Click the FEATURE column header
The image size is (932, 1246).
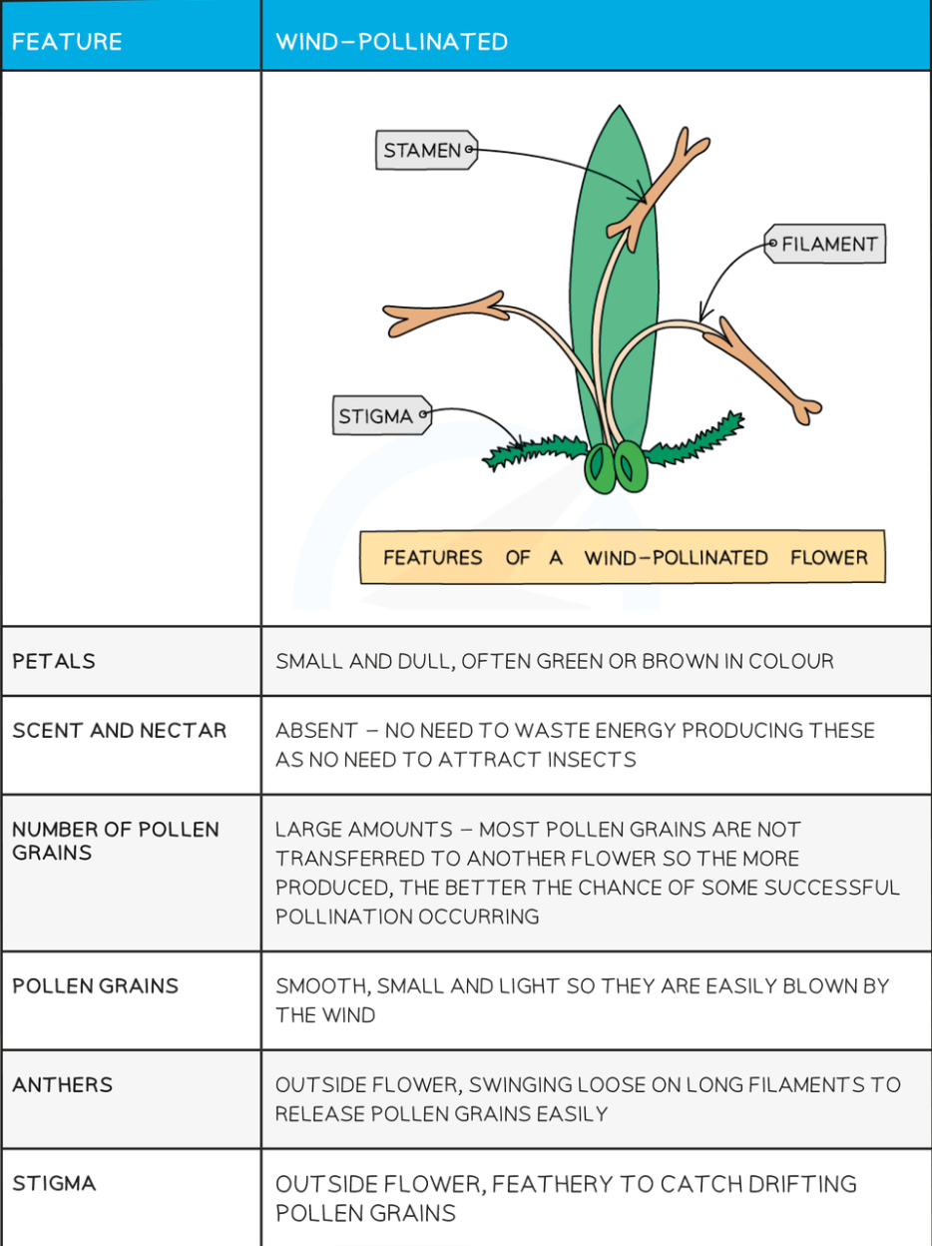(67, 42)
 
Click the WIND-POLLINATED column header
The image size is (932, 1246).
(391, 42)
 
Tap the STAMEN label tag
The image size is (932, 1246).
(426, 150)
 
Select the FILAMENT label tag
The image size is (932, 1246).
(825, 244)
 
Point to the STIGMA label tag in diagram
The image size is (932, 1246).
(382, 415)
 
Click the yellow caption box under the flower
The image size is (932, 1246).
(623, 557)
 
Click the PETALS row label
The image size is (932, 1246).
(54, 661)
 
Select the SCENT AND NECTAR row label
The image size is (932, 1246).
(119, 730)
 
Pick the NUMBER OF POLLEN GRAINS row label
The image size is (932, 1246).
(116, 841)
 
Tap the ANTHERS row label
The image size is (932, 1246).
(63, 1085)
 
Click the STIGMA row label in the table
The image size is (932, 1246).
(54, 1183)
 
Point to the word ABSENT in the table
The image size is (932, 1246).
(316, 730)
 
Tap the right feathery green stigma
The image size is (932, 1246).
(696, 440)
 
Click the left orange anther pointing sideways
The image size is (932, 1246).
(445, 312)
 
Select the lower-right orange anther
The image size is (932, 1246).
(763, 369)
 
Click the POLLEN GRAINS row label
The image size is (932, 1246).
(96, 986)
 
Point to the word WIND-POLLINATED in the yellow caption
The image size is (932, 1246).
(676, 557)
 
